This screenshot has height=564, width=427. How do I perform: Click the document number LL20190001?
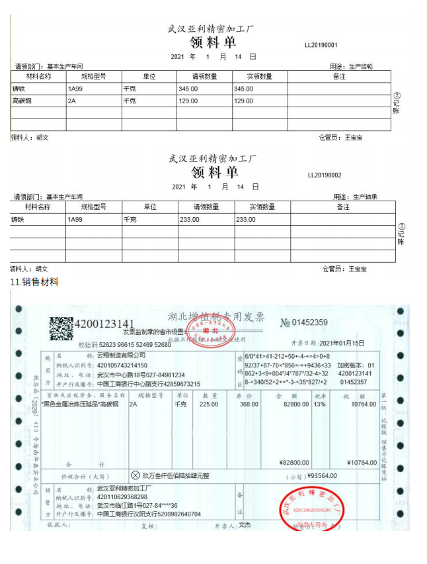point(321,46)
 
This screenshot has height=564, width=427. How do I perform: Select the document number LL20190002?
point(325,175)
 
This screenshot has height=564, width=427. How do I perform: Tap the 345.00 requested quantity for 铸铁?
point(188,89)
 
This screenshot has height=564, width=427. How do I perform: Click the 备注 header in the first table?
point(339,77)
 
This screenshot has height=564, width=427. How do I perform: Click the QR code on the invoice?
point(61,329)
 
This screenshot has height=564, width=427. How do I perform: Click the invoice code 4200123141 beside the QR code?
point(106,324)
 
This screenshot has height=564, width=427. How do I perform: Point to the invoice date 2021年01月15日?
point(342,343)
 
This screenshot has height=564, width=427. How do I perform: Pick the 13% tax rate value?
point(320,404)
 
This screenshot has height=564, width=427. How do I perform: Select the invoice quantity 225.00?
point(209,404)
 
